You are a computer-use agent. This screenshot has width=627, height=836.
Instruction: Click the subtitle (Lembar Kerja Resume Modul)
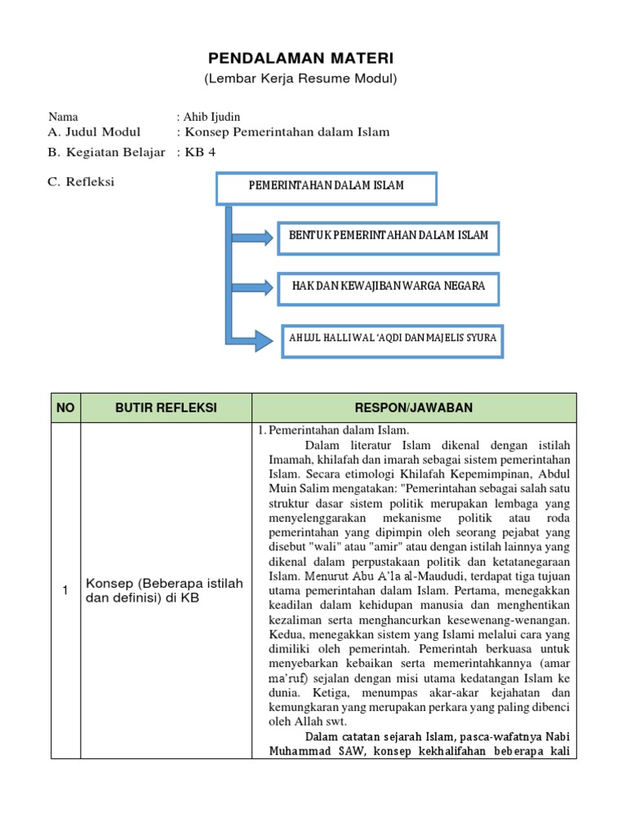point(300,79)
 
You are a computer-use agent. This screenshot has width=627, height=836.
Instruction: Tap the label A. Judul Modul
point(94,132)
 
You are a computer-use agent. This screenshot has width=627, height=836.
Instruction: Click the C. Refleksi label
point(81,182)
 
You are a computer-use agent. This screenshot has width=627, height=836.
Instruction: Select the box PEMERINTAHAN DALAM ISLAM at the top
point(326,187)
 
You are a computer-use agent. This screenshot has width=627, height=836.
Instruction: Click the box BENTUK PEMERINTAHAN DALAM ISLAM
point(388,236)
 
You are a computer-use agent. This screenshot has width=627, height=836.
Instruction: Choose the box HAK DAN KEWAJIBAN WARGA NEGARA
point(388,287)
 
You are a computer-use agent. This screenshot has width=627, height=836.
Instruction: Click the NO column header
point(65,408)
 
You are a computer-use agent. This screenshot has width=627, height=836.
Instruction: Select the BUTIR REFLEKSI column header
point(166,408)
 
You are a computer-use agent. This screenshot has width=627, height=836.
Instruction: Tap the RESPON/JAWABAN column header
point(414,408)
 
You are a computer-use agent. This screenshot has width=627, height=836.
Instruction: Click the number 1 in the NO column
point(65,590)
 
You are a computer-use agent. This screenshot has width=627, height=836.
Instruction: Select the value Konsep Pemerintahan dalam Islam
point(287,132)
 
